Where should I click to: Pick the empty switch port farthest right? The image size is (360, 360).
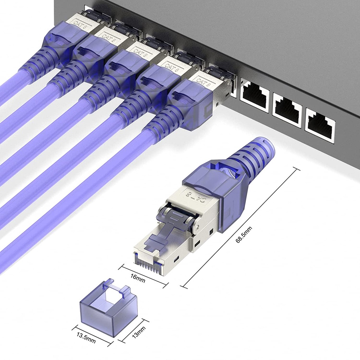pos(320,125)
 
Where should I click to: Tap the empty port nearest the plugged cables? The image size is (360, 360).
pos(255,96)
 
